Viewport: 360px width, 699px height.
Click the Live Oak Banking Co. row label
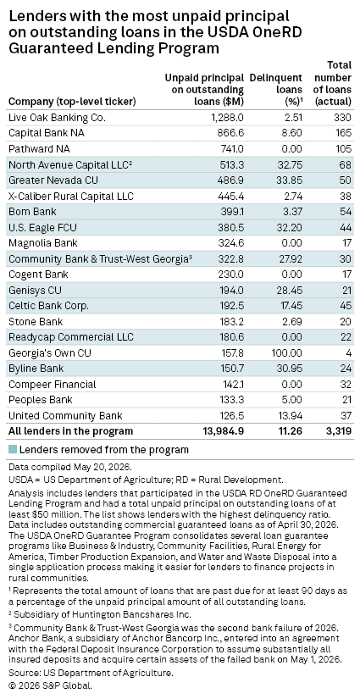tap(57, 118)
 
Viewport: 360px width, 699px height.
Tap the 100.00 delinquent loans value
tap(287, 353)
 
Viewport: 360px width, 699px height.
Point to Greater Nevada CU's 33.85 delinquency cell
tap(290, 180)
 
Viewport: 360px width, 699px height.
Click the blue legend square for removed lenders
tap(13, 450)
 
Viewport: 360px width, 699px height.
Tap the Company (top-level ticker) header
tap(72, 102)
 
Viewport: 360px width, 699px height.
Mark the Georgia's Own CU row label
tap(50, 353)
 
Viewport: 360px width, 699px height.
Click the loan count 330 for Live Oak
tap(343, 118)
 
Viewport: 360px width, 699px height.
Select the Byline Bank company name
tap(36, 369)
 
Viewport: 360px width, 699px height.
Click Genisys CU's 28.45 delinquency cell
tap(290, 291)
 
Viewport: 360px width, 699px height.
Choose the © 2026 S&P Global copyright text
tap(50, 685)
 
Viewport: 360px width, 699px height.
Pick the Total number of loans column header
tap(333, 83)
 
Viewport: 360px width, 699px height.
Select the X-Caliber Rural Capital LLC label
tap(71, 197)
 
